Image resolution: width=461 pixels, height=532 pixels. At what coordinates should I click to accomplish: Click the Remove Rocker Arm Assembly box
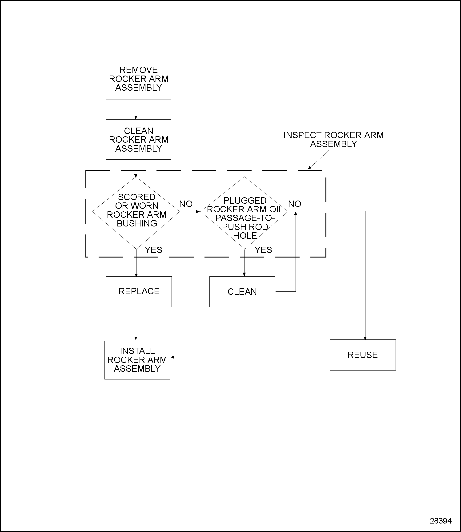tap(138, 79)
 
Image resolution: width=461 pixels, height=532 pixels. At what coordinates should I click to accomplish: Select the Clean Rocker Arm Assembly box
tap(138, 140)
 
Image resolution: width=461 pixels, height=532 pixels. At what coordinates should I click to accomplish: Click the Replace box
tap(139, 292)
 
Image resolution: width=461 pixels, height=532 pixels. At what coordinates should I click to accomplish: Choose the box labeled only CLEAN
tap(242, 292)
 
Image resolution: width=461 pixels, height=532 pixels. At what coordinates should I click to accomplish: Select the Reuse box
tap(362, 355)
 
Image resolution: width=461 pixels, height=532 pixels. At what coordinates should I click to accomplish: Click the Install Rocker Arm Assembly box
tap(137, 360)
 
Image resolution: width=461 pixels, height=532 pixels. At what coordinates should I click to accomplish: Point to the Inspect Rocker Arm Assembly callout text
tap(333, 140)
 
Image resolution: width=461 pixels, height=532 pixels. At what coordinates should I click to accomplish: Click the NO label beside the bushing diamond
tap(186, 204)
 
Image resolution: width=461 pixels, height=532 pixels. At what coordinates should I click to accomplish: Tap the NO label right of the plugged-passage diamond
tap(295, 204)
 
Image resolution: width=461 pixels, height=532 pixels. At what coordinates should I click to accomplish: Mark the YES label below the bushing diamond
tap(154, 250)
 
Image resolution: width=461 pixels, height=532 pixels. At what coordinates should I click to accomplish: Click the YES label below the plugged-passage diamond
tap(263, 250)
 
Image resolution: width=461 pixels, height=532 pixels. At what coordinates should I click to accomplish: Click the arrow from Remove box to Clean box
tap(136, 110)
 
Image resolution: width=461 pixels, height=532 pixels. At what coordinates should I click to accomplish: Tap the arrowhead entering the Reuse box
tap(365, 338)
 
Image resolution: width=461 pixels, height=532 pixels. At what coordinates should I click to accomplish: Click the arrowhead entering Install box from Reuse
tap(173, 357)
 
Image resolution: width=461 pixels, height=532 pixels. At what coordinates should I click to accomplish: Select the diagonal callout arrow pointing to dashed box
tap(319, 159)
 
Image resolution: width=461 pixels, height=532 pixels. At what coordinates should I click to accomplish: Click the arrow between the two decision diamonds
tap(190, 212)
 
